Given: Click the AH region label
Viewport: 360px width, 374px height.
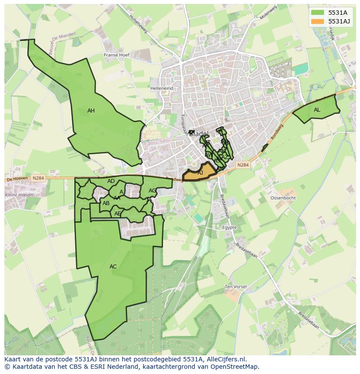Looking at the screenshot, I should tap(91, 111).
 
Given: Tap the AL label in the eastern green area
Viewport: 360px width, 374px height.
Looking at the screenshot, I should tap(317, 110).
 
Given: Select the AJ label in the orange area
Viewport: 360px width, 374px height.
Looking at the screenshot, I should tap(200, 173).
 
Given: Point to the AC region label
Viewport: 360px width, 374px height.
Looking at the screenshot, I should tap(113, 267).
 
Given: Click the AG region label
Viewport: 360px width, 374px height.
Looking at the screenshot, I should tap(152, 191).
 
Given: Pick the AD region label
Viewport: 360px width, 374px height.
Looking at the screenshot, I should tap(111, 181).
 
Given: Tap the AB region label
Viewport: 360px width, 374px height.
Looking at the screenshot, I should tap(106, 203).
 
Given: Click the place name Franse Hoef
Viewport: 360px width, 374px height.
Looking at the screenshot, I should tap(117, 55).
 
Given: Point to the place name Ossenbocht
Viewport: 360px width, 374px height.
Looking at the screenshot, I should tap(283, 198).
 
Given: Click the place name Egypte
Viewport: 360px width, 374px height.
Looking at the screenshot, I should tap(229, 228).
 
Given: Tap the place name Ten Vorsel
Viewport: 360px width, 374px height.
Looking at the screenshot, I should tap(236, 287).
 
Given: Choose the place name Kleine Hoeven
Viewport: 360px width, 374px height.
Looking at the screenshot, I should tap(19, 195).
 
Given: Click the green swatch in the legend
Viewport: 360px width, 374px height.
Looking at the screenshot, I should tap(317, 13).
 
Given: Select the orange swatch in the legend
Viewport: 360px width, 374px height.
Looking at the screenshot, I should tap(317, 21).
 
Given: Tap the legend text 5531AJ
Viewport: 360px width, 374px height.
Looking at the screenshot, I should tap(339, 21).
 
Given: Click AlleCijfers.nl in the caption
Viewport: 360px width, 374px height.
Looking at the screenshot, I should tap(225, 360).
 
